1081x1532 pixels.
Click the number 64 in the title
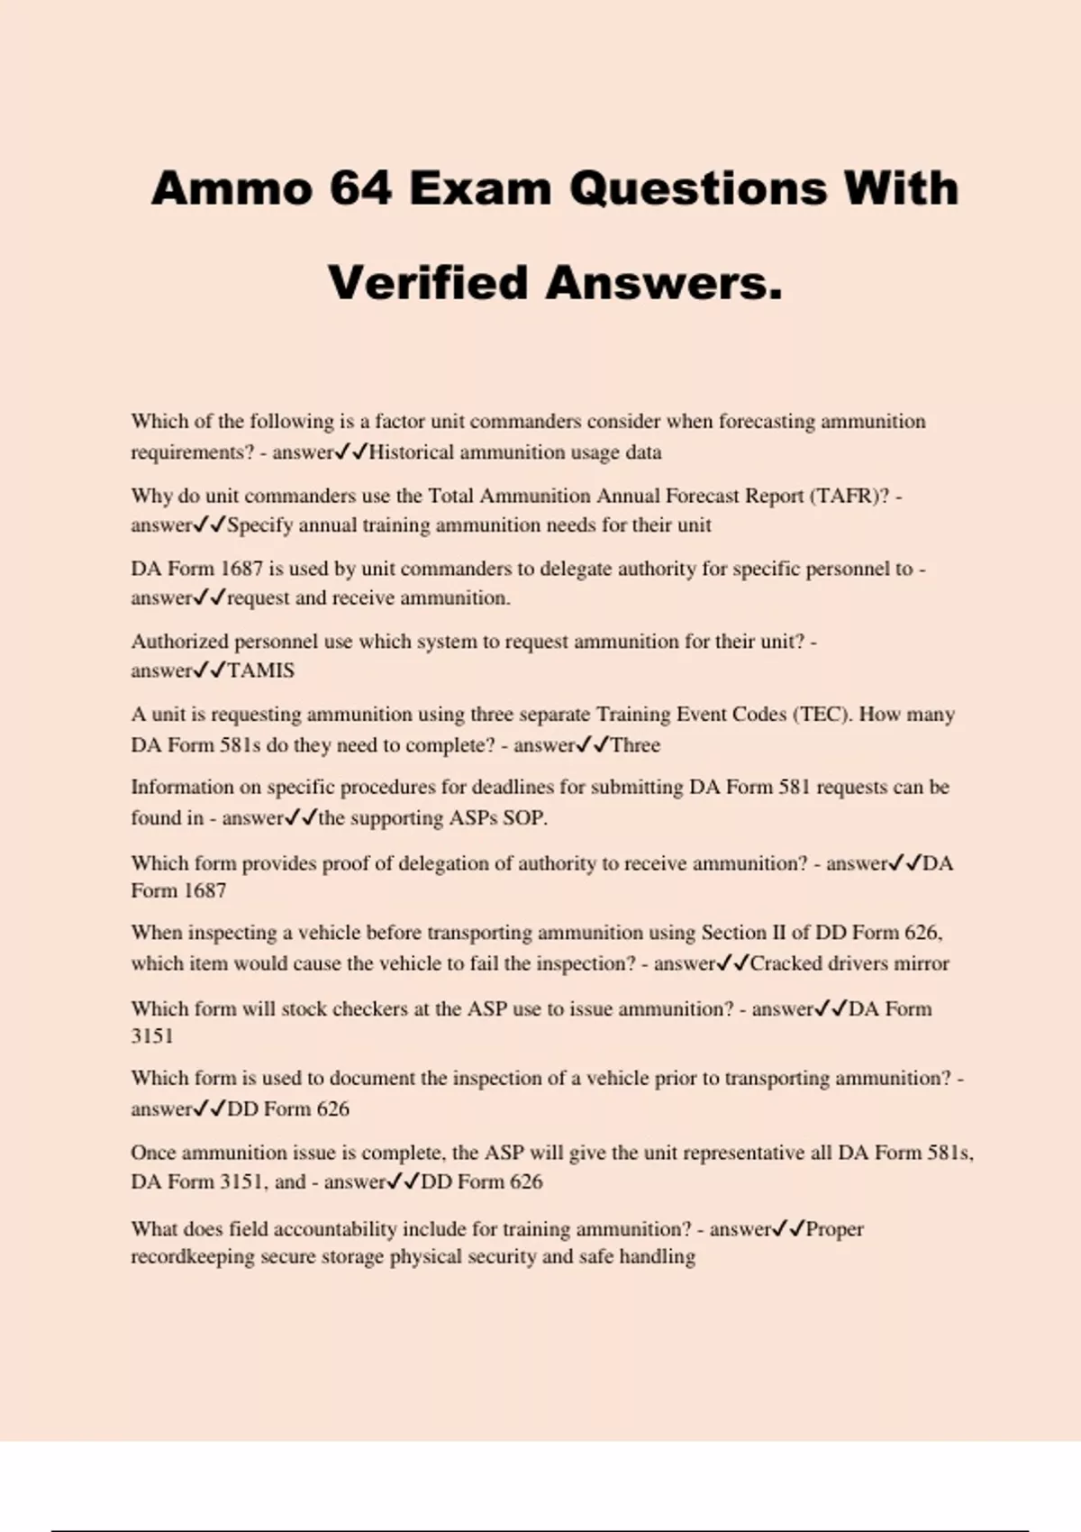click(x=360, y=189)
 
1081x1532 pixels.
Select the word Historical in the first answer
click(x=411, y=452)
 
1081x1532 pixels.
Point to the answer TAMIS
click(x=260, y=670)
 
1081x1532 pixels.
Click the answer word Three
click(x=635, y=745)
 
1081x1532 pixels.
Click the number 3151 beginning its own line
click(x=151, y=1036)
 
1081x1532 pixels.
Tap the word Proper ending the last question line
click(x=834, y=1229)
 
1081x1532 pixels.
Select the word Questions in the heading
click(x=697, y=189)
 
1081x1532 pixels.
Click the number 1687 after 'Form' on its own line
click(x=204, y=891)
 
